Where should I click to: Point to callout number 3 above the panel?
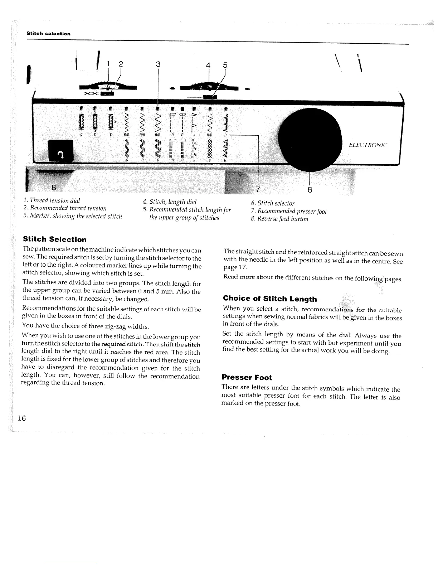[x=158, y=64]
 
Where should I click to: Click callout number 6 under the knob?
[x=310, y=190]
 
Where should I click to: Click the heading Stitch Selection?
[x=55, y=239]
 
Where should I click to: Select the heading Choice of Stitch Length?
[x=269, y=299]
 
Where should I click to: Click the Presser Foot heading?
[x=247, y=377]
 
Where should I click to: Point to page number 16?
[x=22, y=418]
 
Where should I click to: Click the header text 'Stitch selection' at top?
[x=49, y=34]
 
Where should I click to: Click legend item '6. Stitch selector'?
[x=273, y=203]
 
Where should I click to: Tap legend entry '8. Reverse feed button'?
[x=279, y=219]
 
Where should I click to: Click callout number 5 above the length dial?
[x=225, y=66]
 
